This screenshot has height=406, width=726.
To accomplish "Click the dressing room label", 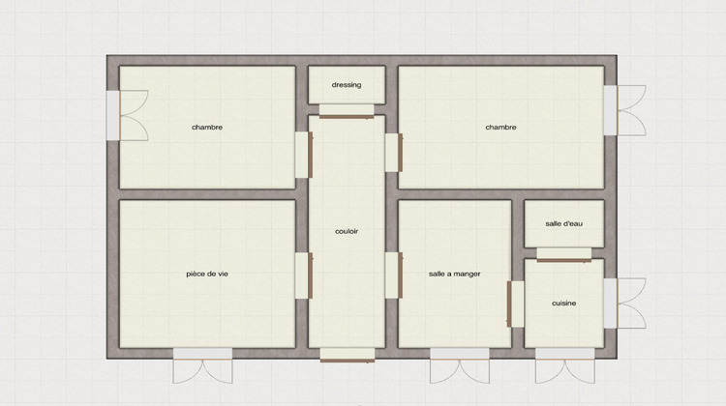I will click(x=346, y=85).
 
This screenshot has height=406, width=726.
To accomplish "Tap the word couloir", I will click(x=347, y=231).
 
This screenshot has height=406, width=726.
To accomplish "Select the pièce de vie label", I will click(x=207, y=274).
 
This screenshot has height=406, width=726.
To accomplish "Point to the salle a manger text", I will click(x=454, y=274).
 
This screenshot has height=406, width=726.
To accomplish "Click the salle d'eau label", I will click(x=563, y=224).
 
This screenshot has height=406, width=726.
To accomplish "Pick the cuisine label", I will click(x=563, y=304).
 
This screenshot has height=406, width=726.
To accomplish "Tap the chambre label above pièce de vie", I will click(x=207, y=127).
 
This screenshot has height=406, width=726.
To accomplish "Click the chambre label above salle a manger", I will click(x=500, y=127).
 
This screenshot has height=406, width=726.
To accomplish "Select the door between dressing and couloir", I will click(x=346, y=115).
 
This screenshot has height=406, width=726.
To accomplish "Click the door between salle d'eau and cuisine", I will click(x=563, y=254).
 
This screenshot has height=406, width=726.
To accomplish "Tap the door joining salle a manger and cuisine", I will click(x=515, y=304).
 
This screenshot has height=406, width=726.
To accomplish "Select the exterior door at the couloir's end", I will click(x=347, y=354).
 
